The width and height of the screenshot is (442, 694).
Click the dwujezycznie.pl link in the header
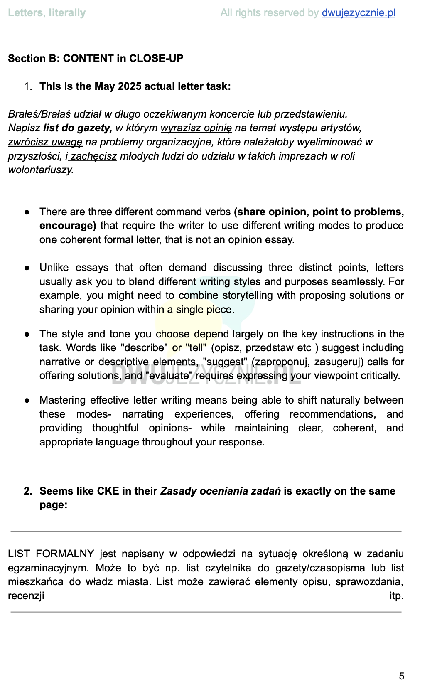point(358,13)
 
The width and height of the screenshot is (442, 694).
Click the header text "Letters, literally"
point(47,13)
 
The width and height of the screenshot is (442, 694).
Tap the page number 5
point(401,676)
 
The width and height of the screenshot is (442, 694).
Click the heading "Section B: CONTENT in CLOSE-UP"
point(96,58)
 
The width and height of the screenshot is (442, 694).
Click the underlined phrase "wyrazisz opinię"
point(196,128)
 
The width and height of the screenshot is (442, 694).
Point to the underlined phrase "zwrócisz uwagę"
point(45,142)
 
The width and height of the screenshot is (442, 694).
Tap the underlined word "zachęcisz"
point(93,156)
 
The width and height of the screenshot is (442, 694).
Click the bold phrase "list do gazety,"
point(78,128)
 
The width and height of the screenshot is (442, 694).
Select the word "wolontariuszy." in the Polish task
point(41,170)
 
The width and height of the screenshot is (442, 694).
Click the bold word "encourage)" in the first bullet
point(68,226)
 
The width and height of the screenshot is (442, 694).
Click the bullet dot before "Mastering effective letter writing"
point(27,401)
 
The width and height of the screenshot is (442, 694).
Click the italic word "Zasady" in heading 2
point(179,491)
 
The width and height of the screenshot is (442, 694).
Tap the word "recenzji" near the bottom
point(26,596)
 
